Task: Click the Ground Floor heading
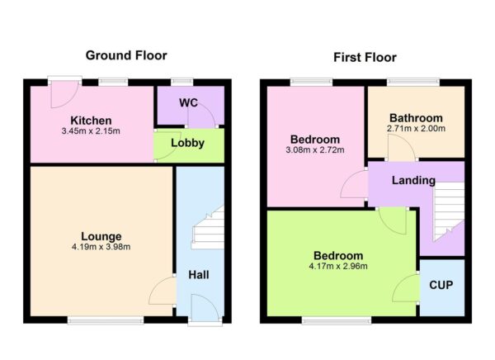click(126, 55)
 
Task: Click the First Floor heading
click(365, 57)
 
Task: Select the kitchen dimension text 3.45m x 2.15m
click(91, 131)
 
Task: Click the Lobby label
click(187, 142)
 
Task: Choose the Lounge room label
click(101, 235)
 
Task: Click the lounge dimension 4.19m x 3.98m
click(101, 247)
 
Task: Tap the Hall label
click(198, 274)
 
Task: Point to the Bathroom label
click(416, 118)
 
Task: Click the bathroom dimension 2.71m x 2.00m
click(416, 129)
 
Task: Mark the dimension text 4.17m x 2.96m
click(339, 266)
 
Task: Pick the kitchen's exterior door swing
click(59, 95)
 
